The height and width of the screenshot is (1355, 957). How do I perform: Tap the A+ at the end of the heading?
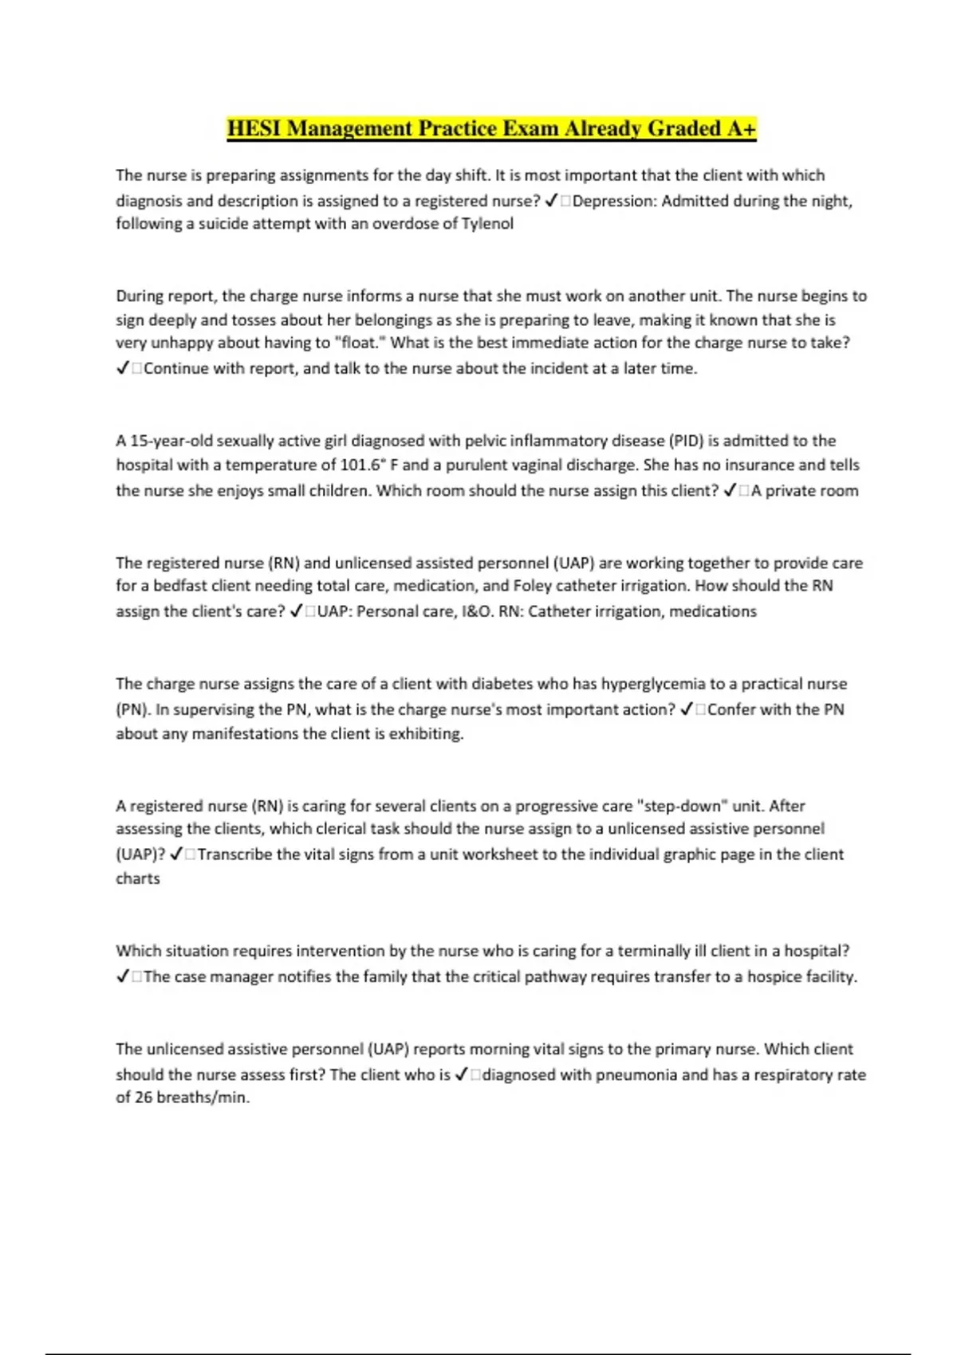[741, 128]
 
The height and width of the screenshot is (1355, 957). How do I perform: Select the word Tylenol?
[487, 223]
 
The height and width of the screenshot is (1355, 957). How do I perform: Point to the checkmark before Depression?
[551, 201]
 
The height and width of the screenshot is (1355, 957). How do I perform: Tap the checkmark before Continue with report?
[123, 368]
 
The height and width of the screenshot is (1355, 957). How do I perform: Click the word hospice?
[774, 976]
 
